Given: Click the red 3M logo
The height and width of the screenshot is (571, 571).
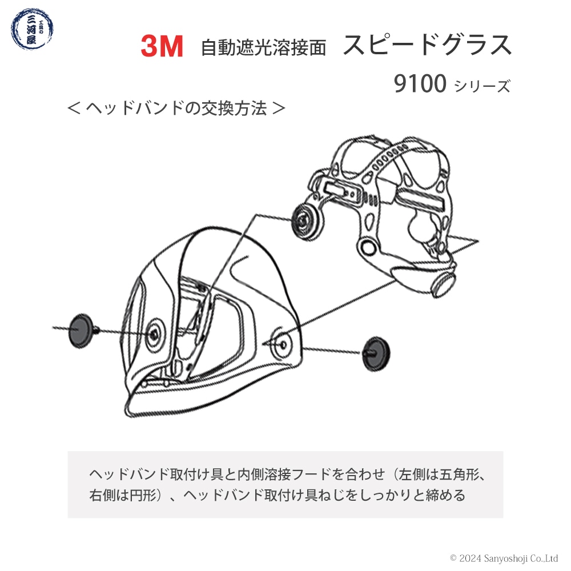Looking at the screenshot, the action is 162,46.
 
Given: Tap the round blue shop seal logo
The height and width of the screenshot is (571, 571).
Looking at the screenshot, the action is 32,29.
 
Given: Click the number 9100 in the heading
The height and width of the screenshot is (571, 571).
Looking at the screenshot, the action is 420,83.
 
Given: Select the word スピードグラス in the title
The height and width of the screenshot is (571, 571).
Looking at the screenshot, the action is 427,45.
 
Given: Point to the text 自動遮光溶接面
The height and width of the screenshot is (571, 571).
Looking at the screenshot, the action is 263,48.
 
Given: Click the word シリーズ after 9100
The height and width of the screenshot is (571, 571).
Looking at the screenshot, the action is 482,86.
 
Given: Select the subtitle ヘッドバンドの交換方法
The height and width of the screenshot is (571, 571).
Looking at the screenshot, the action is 176,108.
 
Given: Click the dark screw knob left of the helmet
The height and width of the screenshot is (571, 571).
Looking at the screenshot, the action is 81,331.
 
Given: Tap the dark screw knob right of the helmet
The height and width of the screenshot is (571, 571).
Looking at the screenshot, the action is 376,353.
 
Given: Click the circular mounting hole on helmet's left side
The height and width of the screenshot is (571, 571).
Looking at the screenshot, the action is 154,334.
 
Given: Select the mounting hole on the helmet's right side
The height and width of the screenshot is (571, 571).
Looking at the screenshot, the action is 283,344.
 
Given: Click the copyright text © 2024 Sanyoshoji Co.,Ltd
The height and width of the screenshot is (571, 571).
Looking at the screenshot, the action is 504,558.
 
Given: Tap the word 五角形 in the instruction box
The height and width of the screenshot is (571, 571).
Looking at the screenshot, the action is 460,475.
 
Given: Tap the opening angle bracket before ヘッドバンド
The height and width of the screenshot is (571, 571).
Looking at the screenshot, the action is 74,108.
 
